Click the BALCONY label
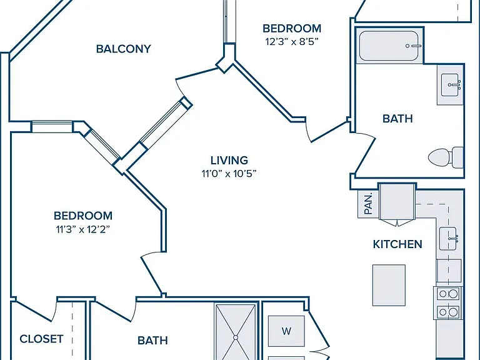coord(123,49)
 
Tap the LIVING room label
coord(229,161)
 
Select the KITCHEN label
coord(397,244)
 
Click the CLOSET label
coord(41,339)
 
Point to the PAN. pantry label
coord(368,204)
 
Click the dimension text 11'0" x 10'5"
coord(229,174)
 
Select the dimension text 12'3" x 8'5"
coord(292,41)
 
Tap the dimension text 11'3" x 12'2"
coord(82,229)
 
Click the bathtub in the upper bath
coord(389,46)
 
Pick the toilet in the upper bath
coord(446,157)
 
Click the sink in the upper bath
coord(451,85)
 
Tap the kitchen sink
coord(449,239)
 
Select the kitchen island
coord(389,285)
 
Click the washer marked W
coord(286,331)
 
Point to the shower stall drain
coord(236,337)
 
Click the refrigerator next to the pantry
coord(397,202)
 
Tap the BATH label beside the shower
coord(152,341)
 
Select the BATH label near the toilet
coord(397,119)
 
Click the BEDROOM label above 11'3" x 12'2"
coord(83,216)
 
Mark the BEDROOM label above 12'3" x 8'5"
coord(292,29)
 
